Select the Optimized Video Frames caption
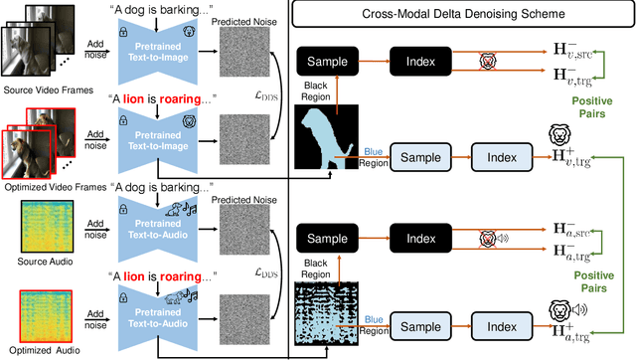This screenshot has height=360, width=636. [x=47, y=184]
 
